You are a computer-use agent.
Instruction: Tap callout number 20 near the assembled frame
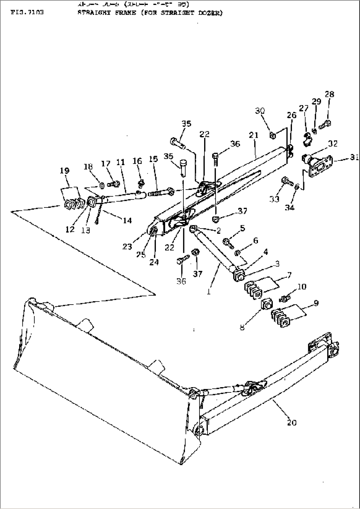[x=292, y=422]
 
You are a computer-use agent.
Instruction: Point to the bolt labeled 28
[x=325, y=125]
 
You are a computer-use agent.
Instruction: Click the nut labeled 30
[x=272, y=135]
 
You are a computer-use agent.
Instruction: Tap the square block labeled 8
[x=266, y=305]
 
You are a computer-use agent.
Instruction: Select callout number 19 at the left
[x=65, y=170]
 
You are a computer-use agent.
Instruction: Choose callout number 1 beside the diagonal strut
[x=209, y=283]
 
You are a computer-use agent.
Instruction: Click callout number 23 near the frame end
[x=127, y=246]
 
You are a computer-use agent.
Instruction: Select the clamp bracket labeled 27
[x=307, y=140]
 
